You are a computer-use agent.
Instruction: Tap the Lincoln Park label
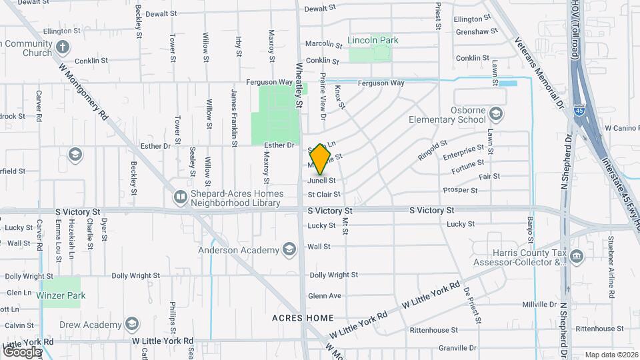tap(373, 40)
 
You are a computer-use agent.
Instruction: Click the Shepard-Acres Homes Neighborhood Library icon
tap(180, 197)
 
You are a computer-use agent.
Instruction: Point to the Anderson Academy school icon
tap(289, 250)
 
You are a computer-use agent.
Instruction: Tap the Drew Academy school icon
tap(133, 324)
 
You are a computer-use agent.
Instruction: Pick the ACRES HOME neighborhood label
tap(303, 318)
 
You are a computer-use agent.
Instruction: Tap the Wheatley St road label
tap(299, 85)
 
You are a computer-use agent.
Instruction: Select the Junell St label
tap(321, 181)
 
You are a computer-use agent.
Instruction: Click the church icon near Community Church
tap(63, 47)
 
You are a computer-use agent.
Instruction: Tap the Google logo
tap(22, 351)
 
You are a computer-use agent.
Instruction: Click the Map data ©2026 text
tap(611, 355)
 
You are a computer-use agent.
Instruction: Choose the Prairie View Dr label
tap(323, 96)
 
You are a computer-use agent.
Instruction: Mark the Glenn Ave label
tap(325, 296)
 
